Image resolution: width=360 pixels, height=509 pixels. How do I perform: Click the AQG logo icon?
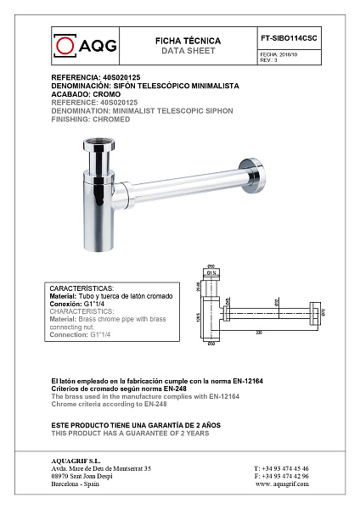(x=64, y=43)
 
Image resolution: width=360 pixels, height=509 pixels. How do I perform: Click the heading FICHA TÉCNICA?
(x=188, y=41)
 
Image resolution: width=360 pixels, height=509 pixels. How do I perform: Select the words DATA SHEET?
(x=188, y=51)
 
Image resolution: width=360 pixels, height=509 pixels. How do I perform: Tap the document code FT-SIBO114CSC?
(x=289, y=39)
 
